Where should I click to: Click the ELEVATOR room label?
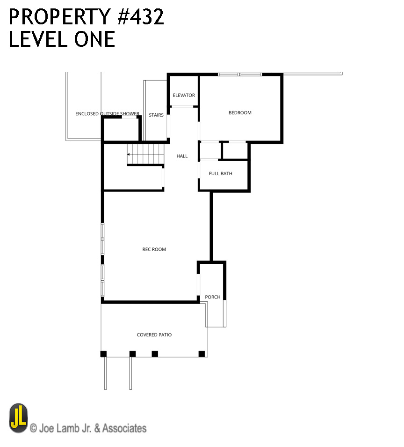[184, 95]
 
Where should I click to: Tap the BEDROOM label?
[240, 112]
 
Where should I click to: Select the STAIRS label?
[156, 115]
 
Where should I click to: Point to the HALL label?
[182, 156]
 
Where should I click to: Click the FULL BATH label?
[221, 173]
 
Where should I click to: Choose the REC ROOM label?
[154, 249]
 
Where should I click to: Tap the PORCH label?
[213, 297]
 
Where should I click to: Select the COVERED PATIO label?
[154, 335]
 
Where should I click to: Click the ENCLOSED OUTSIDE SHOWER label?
[107, 114]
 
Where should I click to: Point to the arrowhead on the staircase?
[128, 155]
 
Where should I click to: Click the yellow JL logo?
[19, 418]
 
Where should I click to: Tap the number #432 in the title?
[141, 17]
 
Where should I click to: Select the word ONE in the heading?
[94, 39]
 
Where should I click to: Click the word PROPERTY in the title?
[60, 17]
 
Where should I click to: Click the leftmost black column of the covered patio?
[103, 354]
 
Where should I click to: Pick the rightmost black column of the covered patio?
[202, 354]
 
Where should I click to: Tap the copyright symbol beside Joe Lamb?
[33, 428]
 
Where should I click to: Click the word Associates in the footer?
[124, 428]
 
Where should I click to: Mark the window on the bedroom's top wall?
[240, 74]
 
